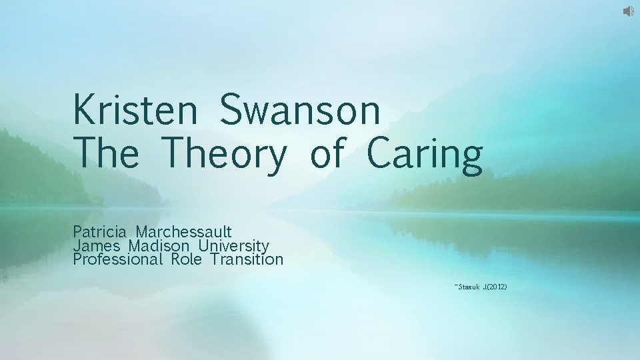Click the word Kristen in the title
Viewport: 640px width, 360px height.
pyautogui.click(x=135, y=111)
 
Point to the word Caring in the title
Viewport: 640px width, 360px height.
pyautogui.click(x=424, y=154)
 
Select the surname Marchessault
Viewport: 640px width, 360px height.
pyautogui.click(x=184, y=232)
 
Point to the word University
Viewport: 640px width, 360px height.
pyautogui.click(x=230, y=246)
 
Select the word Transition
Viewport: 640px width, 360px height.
pyautogui.click(x=247, y=259)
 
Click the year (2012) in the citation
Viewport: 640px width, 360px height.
pyautogui.click(x=497, y=287)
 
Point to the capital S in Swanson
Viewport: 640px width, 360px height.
pyautogui.click(x=233, y=111)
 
